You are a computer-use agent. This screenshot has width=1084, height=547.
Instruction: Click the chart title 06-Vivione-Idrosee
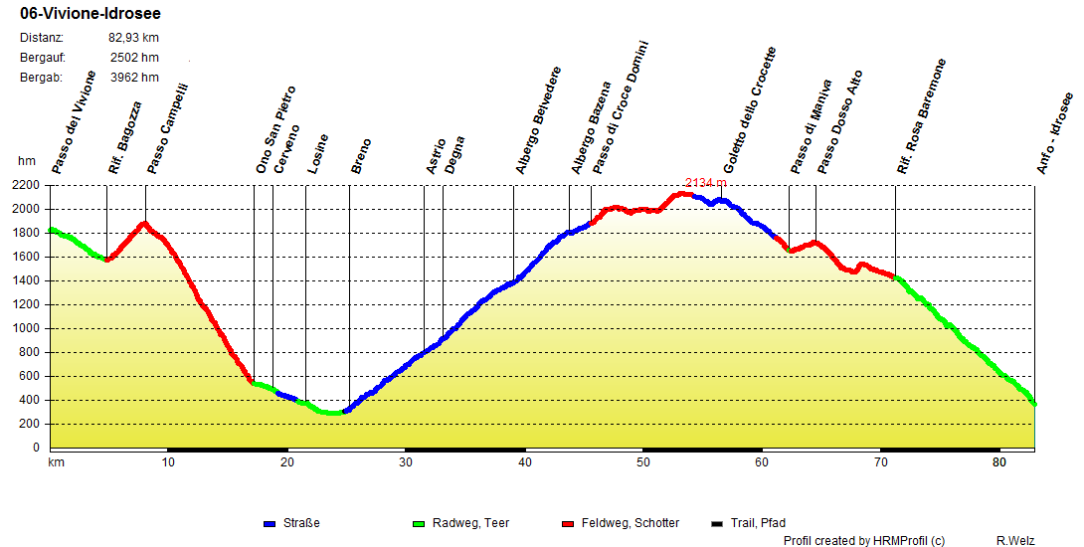pyautogui.click(x=90, y=14)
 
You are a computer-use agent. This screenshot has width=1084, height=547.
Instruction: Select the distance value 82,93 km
pyautogui.click(x=133, y=38)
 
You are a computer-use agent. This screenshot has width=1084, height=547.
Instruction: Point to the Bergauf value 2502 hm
pyautogui.click(x=134, y=58)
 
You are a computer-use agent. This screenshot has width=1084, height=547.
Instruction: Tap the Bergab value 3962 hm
pyautogui.click(x=134, y=78)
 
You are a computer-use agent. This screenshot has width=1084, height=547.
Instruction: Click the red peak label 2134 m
pyautogui.click(x=705, y=183)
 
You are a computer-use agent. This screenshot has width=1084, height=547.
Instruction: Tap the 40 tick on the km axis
pyautogui.click(x=524, y=462)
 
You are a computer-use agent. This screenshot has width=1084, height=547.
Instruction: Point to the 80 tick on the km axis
pyautogui.click(x=997, y=462)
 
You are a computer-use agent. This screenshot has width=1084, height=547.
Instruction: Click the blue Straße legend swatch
pyautogui.click(x=270, y=523)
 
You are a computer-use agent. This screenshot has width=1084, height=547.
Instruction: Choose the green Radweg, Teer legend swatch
pyautogui.click(x=418, y=523)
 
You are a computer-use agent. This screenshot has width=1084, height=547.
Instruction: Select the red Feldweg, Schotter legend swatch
pyautogui.click(x=569, y=523)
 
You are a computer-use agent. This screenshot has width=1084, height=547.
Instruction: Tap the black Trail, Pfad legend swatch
pyautogui.click(x=718, y=523)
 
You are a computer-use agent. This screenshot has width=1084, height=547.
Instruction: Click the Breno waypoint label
pyautogui.click(x=361, y=157)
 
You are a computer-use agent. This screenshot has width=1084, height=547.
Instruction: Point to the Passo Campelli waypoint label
pyautogui.click(x=167, y=128)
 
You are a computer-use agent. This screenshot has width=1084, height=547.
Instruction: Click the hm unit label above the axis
pyautogui.click(x=26, y=161)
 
